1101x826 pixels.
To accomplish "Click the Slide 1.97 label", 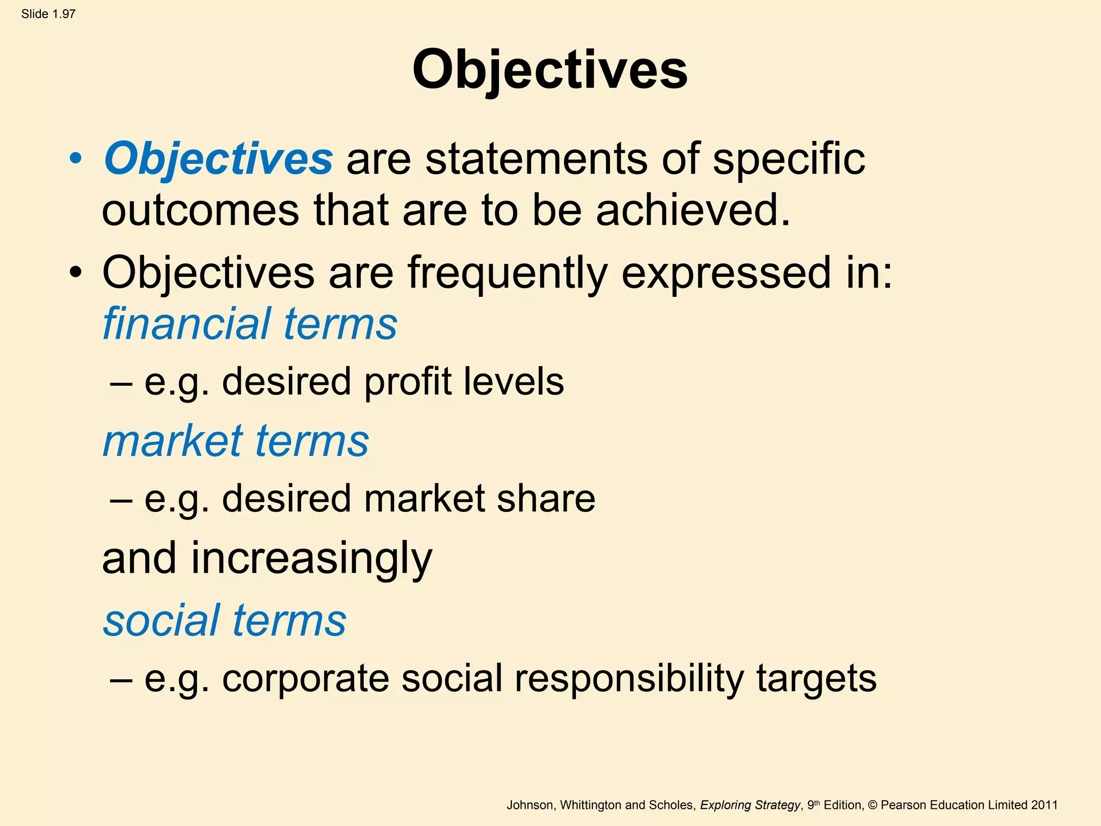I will click(48, 14).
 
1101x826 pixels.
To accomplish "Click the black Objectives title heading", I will click(549, 70).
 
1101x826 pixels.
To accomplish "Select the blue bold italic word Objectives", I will click(218, 159).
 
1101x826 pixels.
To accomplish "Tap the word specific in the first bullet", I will click(789, 159).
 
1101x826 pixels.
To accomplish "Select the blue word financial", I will click(186, 324).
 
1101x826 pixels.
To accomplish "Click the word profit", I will click(407, 382).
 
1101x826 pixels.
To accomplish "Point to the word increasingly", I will click(311, 559).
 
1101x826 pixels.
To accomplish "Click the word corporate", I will click(305, 678).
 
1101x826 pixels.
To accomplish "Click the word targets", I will click(816, 678).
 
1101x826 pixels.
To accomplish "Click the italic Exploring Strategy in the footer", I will click(750, 805).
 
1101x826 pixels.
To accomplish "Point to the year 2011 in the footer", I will click(1044, 805).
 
